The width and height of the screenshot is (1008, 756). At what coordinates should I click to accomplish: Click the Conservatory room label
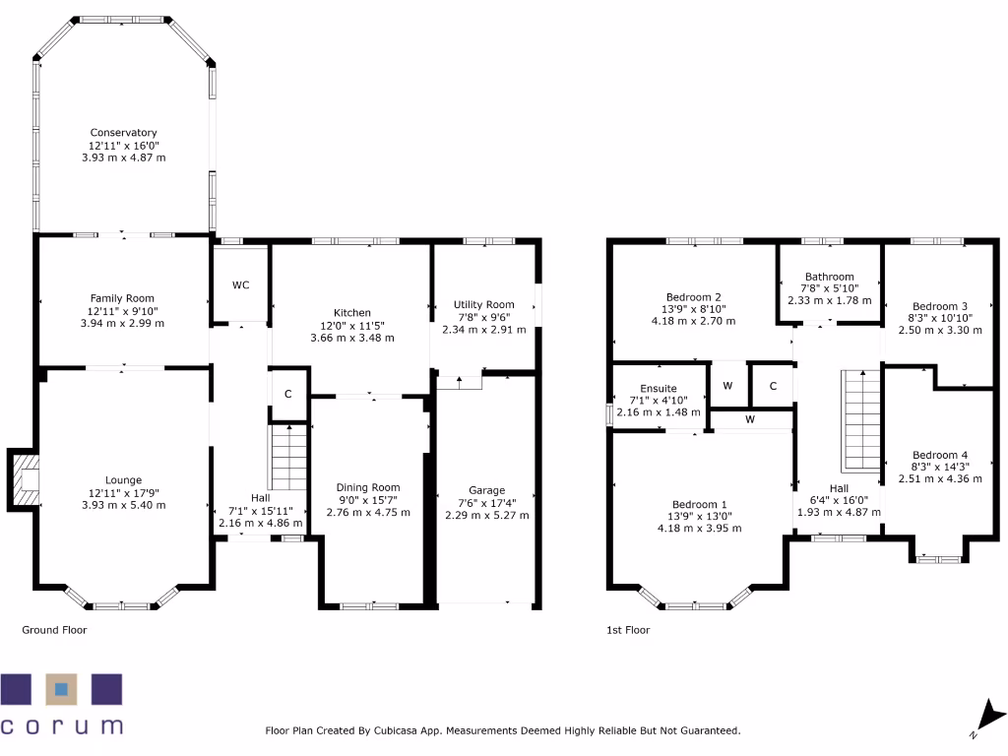123,133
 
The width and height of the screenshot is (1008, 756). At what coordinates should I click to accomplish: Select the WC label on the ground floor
241,285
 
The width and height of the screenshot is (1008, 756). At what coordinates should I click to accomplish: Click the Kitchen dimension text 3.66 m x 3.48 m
351,338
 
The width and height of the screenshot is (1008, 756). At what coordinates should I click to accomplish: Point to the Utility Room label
483,305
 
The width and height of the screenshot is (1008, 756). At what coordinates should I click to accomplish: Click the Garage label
486,490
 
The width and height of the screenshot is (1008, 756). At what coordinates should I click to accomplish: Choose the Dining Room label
368,487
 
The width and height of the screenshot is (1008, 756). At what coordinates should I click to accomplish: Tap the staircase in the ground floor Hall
288,461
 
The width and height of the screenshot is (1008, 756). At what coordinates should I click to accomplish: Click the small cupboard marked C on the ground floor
288,394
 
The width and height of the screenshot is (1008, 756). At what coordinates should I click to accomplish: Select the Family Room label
122,298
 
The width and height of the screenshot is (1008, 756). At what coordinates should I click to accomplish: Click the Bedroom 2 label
694,297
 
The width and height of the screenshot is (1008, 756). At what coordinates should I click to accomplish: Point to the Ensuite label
658,388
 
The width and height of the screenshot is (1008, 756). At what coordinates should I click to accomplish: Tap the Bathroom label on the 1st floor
829,277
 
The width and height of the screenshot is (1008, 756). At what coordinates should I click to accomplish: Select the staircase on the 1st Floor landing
859,421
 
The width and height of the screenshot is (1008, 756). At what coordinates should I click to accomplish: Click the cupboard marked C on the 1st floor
773,385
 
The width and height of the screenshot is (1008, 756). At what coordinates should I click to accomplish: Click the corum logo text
62,725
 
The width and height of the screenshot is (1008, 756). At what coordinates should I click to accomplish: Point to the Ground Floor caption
54,630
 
